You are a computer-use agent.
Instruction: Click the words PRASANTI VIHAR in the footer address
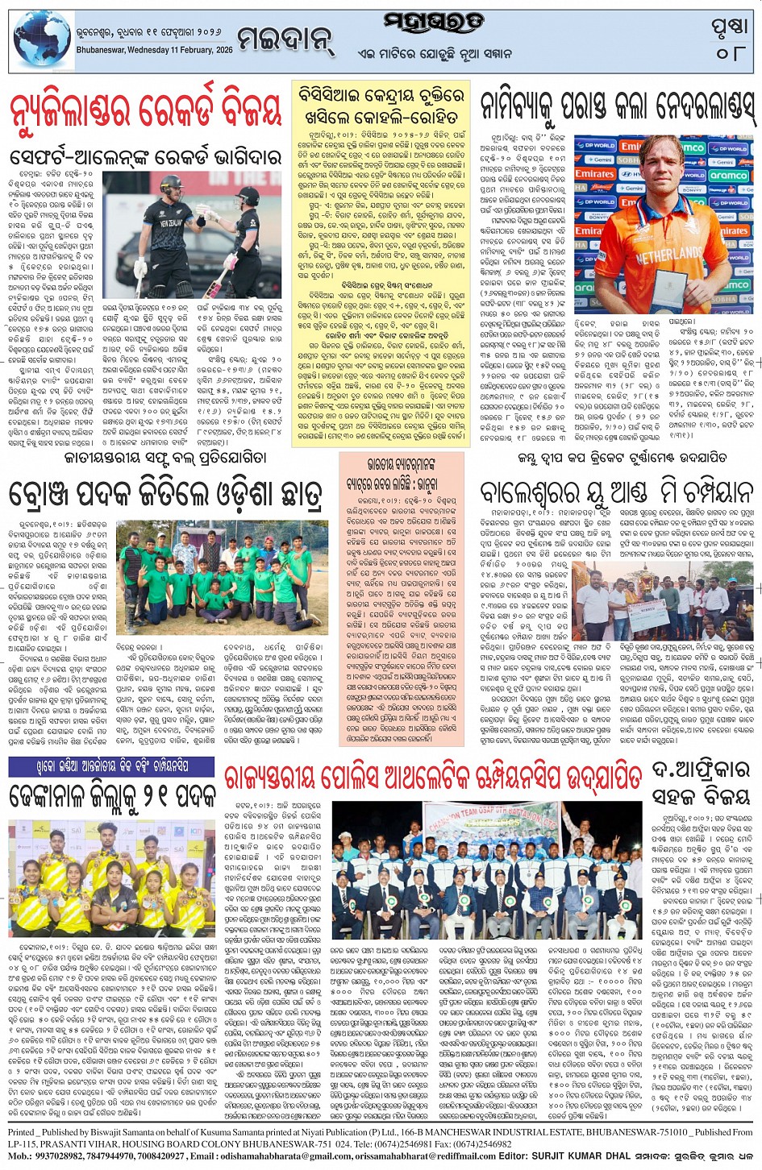pyautogui.click(x=77, y=1144)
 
